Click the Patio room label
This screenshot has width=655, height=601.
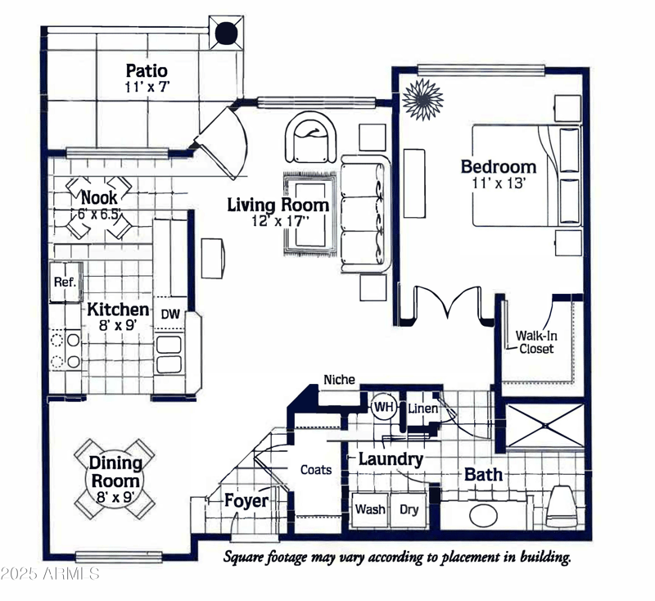[147, 70]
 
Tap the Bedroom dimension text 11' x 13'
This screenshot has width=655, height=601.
[498, 183]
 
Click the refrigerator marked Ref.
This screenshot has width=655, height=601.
[65, 282]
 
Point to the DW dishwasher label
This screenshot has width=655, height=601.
[169, 314]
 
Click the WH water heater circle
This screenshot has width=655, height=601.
[383, 406]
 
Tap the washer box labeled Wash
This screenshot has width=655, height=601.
[370, 509]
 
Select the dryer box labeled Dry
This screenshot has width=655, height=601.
[409, 509]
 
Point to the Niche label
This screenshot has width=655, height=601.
[339, 379]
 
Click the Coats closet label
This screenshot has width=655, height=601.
[316, 469]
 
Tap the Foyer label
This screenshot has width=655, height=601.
[246, 499]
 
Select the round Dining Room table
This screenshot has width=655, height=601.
[115, 474]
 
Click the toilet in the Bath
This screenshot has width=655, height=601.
[562, 504]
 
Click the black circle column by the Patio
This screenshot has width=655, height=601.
[226, 34]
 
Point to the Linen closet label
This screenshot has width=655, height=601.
[422, 408]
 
